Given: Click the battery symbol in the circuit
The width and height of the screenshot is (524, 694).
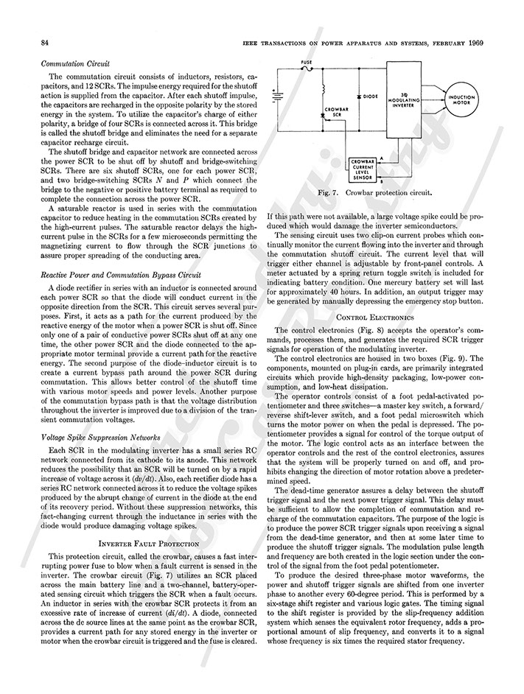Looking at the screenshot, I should (278, 97).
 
